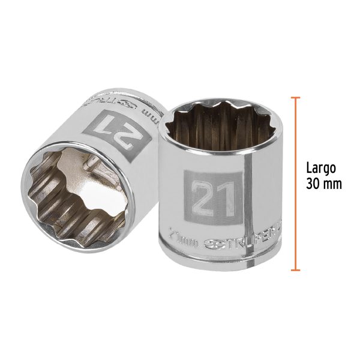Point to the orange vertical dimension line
click(x=295, y=180)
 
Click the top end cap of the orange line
click(x=295, y=97)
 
